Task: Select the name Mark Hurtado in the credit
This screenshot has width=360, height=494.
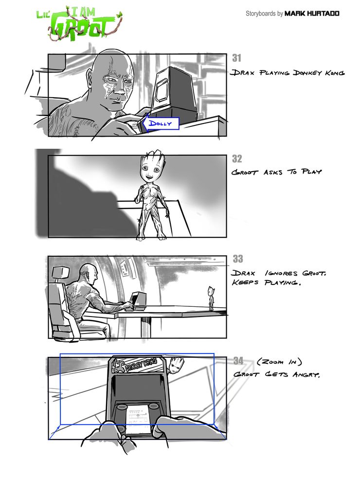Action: (312, 14)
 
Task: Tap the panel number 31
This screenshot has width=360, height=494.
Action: (237, 58)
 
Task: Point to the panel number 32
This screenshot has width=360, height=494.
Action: (237, 159)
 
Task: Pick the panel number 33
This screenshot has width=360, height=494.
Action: (238, 259)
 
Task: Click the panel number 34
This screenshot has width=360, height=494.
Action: (238, 360)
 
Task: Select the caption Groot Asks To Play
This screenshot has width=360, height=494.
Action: (276, 172)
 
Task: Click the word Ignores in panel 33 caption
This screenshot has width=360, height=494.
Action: (281, 273)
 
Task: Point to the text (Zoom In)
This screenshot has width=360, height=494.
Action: (279, 362)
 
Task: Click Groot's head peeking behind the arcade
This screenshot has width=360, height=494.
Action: (177, 366)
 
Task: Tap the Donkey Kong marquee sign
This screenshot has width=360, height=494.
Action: (138, 365)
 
